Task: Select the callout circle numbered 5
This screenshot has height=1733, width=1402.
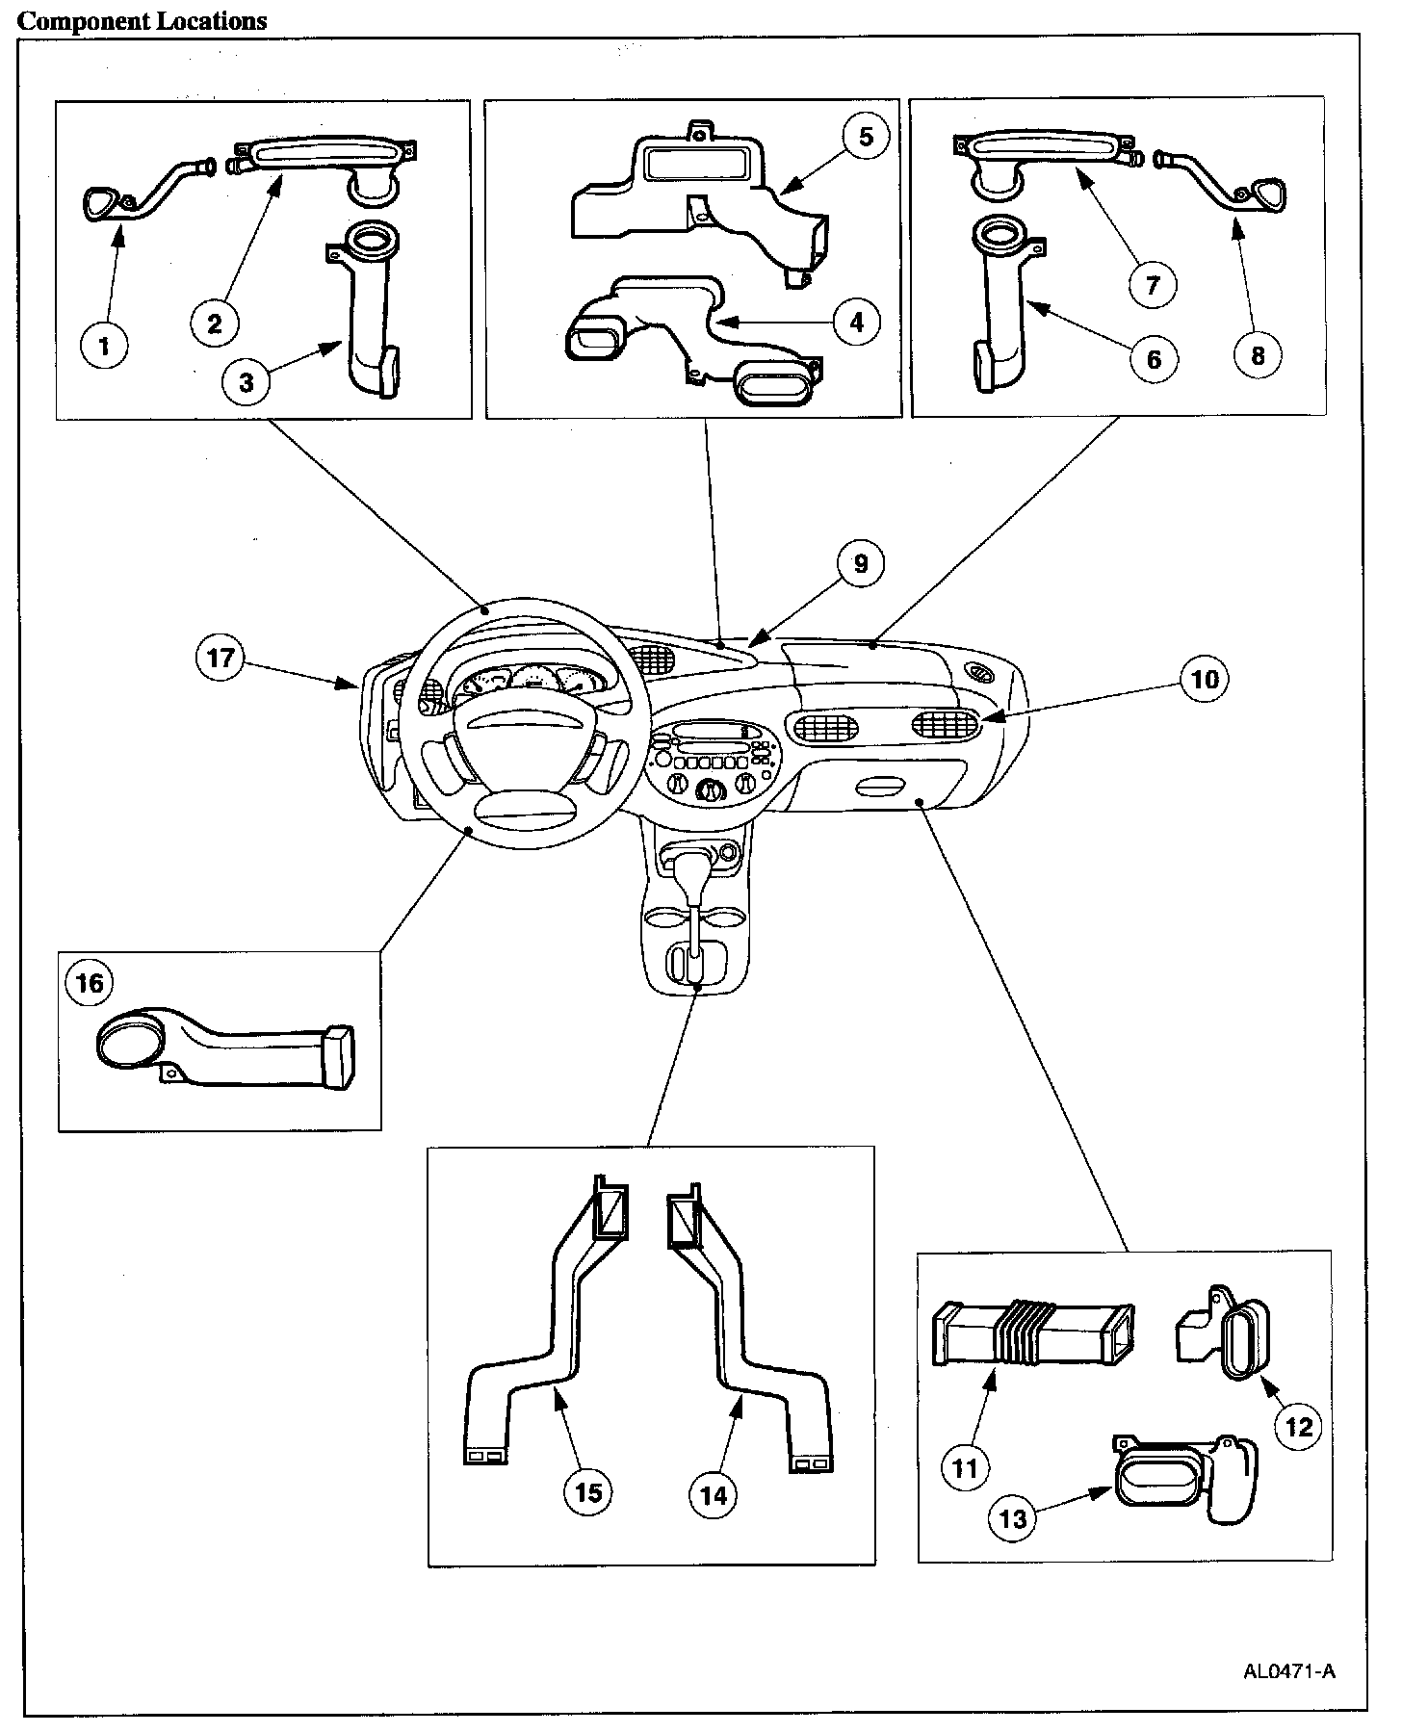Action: click(x=866, y=136)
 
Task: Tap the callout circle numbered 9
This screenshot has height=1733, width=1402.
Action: click(x=860, y=563)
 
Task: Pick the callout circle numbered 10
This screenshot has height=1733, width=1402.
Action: click(x=1205, y=680)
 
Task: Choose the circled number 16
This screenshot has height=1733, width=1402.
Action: click(x=88, y=983)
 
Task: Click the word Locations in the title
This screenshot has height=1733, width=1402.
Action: click(x=206, y=20)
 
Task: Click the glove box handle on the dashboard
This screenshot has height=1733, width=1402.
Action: click(x=879, y=789)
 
